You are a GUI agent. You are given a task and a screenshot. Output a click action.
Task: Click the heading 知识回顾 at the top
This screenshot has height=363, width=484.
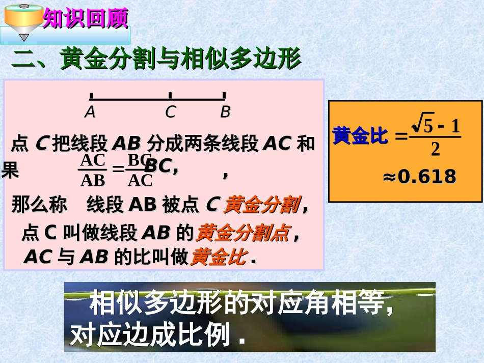tap(85, 19)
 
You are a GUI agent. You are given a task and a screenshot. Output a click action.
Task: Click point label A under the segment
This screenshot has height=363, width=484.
tap(90, 112)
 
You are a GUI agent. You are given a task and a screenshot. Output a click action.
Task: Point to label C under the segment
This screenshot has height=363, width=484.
tap(170, 112)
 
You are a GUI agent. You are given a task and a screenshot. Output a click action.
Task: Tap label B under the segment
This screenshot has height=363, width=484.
tap(225, 112)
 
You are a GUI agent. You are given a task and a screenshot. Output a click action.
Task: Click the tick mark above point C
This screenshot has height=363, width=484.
tap(170, 95)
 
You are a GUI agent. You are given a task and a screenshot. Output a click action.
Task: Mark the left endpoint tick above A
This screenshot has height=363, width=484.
tap(91, 95)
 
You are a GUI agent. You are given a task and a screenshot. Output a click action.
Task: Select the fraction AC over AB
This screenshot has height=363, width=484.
tap(93, 170)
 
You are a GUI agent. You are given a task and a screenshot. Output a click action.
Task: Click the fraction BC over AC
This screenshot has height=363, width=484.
tap(140, 170)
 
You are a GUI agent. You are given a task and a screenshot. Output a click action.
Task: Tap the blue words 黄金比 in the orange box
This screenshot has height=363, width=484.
tap(360, 136)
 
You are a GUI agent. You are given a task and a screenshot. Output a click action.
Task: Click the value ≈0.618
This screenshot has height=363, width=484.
tap(419, 177)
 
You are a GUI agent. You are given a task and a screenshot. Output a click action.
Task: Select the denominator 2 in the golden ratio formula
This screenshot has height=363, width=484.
tap(435, 150)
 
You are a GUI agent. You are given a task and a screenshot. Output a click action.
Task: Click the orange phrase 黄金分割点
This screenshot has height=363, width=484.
tap(242, 233)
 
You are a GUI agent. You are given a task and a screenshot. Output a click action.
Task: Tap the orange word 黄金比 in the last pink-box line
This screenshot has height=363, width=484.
tap(218, 257)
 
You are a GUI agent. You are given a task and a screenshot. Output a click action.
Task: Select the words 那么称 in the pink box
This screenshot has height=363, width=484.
tap(39, 205)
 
